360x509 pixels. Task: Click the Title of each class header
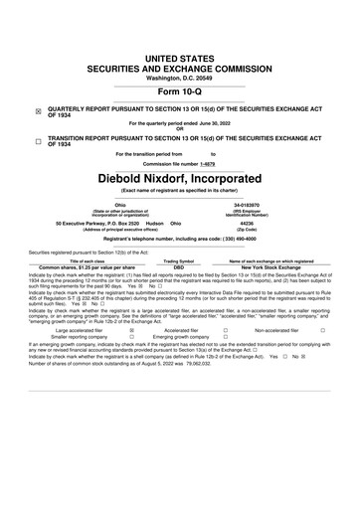[x=68, y=261]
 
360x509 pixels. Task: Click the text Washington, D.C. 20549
[x=180, y=50]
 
